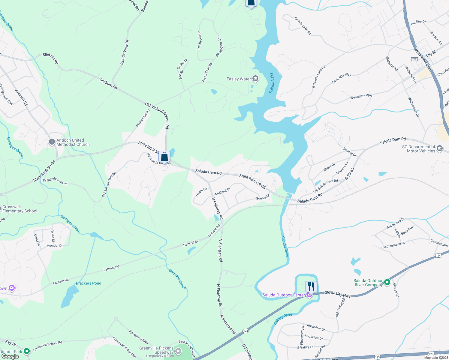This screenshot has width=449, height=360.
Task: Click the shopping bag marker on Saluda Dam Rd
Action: tap(164, 157)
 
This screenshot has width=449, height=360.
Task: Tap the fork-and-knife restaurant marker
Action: tap(311, 287)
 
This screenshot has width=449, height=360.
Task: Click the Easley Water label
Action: tap(239, 79)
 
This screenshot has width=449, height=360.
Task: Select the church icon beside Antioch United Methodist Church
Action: tap(52, 142)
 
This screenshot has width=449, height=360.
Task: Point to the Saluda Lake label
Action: tap(271, 83)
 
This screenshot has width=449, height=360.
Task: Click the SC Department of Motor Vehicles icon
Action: tap(440, 148)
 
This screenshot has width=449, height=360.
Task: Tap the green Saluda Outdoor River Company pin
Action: tap(387, 282)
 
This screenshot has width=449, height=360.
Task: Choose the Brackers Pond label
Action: tap(89, 283)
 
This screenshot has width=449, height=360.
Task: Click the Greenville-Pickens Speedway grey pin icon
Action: tap(179, 351)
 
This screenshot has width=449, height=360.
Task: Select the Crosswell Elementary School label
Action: tap(20, 209)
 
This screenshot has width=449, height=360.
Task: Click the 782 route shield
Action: tap(414, 59)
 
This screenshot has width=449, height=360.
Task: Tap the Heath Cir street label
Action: tap(201, 192)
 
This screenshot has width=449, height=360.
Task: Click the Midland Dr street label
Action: tap(222, 191)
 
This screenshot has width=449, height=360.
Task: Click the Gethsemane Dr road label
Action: tap(393, 245)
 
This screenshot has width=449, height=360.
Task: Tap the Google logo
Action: tap(10, 356)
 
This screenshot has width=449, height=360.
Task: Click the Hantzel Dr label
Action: tap(191, 243)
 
